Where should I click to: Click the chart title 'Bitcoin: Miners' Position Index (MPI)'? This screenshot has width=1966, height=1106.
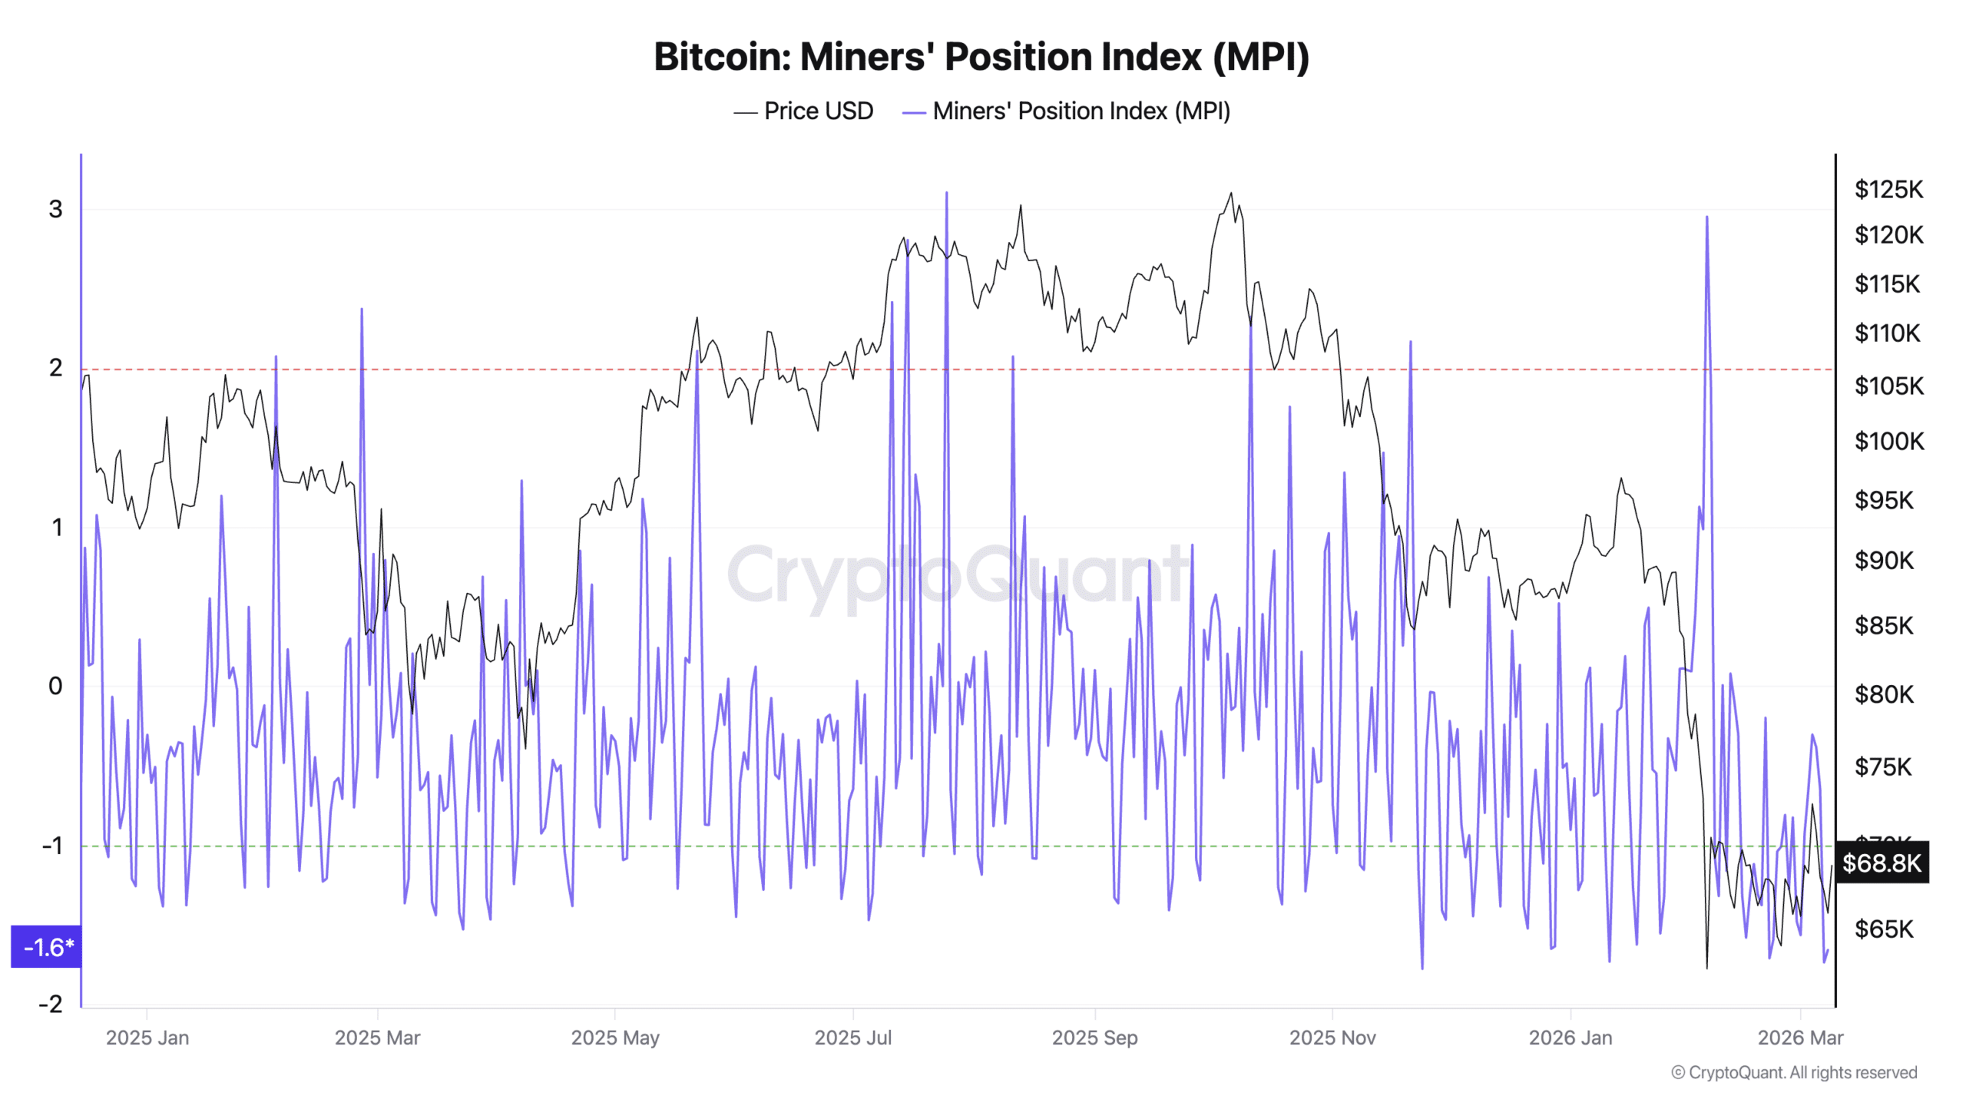click(981, 58)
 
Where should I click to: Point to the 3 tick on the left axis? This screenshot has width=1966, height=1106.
click(55, 209)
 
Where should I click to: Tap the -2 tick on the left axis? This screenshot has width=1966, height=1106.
click(51, 1004)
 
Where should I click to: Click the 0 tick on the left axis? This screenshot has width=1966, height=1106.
click(55, 686)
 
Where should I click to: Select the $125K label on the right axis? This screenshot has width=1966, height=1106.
click(1888, 190)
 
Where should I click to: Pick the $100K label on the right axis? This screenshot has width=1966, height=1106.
click(1888, 442)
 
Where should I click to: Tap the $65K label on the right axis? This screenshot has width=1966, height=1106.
click(1883, 929)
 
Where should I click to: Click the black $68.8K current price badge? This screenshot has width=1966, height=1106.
click(1881, 863)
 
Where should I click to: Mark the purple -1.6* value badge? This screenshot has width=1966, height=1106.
click(48, 947)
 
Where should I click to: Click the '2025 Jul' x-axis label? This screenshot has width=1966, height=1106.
click(852, 1038)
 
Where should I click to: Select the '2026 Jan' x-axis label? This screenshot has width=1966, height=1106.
click(1570, 1038)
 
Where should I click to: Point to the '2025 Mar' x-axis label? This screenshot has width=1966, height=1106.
click(377, 1038)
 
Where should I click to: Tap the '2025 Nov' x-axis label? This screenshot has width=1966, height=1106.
click(1332, 1038)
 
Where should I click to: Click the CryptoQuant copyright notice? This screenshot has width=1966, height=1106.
click(1794, 1072)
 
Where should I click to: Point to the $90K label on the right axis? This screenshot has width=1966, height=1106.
click(1883, 561)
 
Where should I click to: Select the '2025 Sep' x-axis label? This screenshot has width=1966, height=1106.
click(1094, 1038)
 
